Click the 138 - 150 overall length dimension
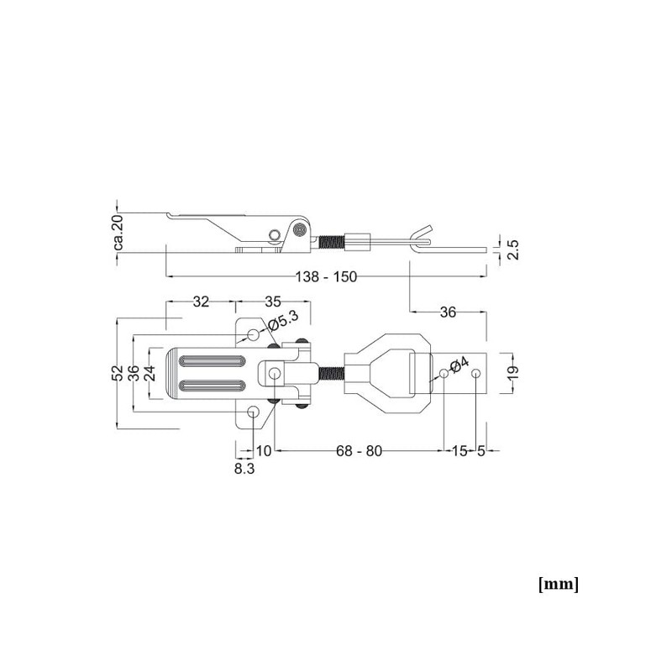326,277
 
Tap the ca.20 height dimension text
118,233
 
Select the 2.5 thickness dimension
513,249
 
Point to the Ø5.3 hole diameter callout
283,321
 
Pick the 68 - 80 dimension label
359,451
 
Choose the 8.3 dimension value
244,469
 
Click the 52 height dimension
118,372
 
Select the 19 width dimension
514,371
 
